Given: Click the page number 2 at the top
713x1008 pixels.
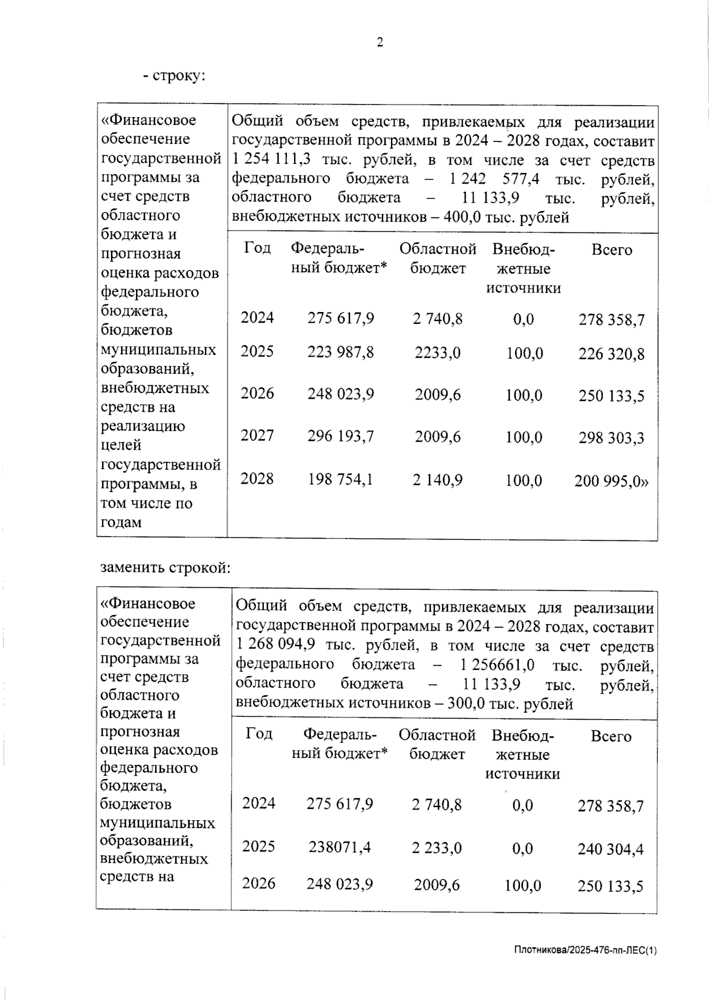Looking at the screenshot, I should tap(380, 42).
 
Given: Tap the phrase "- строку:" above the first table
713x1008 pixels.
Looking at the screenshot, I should tap(174, 76).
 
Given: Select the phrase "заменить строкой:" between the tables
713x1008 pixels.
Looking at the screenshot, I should tap(165, 568).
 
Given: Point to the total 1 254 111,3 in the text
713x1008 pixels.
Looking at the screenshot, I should tap(271, 160).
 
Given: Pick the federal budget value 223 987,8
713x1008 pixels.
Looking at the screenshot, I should tap(340, 352).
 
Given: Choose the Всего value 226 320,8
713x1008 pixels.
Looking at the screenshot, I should tap(611, 354).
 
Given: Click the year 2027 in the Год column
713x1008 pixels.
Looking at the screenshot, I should tap(257, 436).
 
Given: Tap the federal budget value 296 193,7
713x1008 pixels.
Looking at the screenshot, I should tap(340, 437).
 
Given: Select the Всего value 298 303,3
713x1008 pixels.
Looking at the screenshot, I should tap(611, 438).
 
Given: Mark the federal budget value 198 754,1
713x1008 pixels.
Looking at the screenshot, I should tap(340, 479).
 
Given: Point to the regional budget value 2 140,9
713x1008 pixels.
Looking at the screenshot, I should tap(438, 480).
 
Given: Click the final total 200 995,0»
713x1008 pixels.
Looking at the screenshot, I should tap(611, 481).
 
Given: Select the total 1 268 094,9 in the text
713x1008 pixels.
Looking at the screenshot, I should tap(275, 645).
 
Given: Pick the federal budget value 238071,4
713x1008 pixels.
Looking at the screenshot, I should tap(339, 847).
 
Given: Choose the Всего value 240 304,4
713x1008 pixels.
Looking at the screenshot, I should tap(610, 849).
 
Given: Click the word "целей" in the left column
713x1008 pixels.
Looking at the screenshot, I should tap(121, 445).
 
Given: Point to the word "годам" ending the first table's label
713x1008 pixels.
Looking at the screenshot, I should tap(121, 523).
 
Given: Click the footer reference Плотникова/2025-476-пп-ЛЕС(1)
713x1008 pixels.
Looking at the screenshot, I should tap(585, 951).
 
